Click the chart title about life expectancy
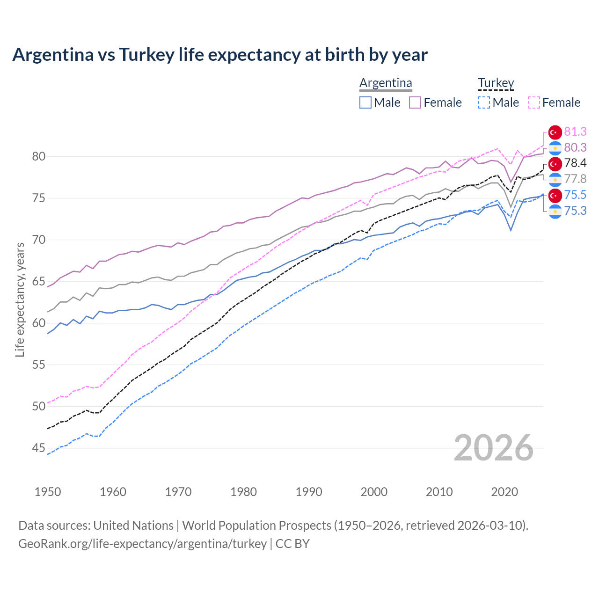[220, 55]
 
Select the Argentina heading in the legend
[386, 83]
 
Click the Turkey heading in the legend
[496, 83]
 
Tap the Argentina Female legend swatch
[415, 102]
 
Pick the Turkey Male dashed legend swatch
[484, 102]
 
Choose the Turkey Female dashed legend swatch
[534, 102]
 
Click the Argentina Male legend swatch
[365, 102]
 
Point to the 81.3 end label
[575, 131]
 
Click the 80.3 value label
[575, 147]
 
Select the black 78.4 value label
[575, 163]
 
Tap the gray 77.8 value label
[575, 179]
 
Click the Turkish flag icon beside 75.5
[555, 195]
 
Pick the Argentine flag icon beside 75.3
[555, 211]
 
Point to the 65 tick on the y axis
[38, 282]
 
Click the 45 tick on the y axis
[38, 448]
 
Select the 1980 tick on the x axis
[243, 492]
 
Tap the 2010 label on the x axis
[439, 492]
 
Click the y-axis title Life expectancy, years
[20, 299]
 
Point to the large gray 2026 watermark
[493, 448]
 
